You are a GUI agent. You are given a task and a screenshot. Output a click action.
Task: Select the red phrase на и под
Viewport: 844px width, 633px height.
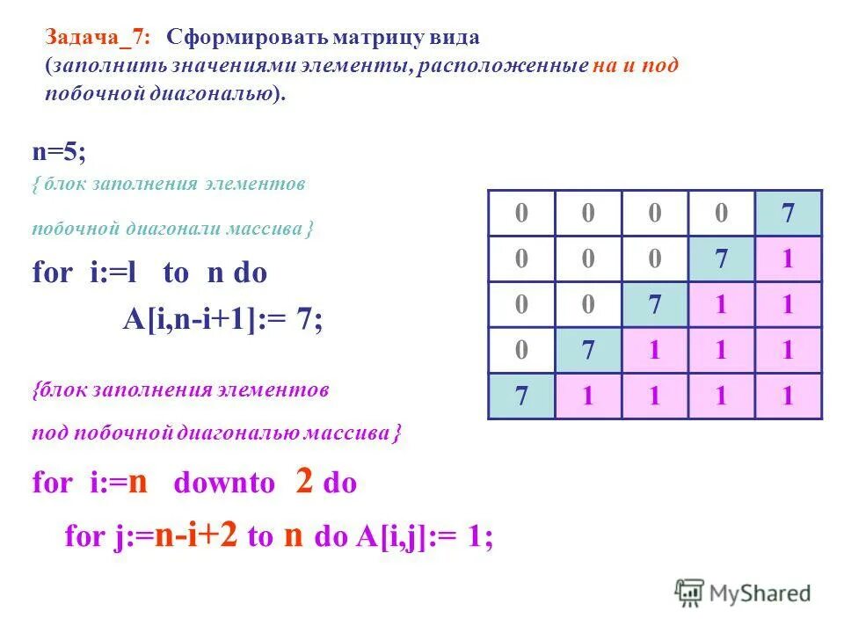635,66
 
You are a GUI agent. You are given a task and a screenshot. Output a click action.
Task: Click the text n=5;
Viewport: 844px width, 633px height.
60,152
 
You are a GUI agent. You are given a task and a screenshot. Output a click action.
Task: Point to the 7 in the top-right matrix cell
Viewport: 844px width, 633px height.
788,214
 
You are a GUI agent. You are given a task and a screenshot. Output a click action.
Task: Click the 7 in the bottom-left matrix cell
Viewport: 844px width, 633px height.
521,397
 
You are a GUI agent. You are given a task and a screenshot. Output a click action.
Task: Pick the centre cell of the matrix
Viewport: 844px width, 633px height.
654,305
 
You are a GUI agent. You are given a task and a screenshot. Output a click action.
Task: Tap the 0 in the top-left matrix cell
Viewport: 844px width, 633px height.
521,214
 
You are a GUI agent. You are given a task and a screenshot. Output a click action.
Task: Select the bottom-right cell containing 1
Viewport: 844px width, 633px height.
788,397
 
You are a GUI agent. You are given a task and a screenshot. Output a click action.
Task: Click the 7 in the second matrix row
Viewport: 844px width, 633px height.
721,259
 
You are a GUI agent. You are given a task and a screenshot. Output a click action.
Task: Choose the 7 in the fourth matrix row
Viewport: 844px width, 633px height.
588,351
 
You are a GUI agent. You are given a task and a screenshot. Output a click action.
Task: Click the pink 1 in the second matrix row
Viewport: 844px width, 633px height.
788,259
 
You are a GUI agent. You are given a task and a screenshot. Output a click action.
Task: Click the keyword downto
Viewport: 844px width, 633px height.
224,484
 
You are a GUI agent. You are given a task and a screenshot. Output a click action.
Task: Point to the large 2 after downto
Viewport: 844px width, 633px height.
304,482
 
